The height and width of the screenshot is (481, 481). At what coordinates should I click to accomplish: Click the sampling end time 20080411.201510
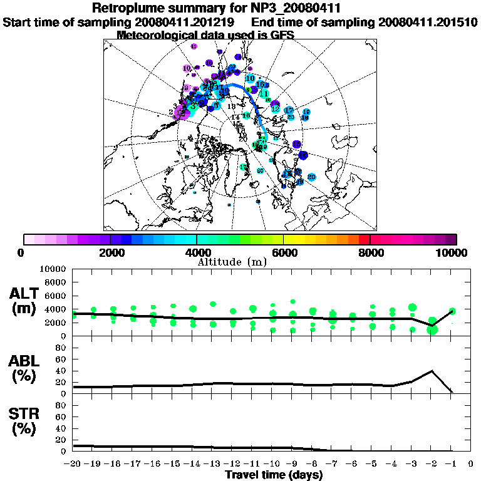[428, 22]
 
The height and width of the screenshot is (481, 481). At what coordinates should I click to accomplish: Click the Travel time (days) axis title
[274, 475]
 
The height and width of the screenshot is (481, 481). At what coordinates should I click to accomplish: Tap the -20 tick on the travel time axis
[73, 464]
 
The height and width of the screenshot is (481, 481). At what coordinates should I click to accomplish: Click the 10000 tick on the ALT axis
[54, 269]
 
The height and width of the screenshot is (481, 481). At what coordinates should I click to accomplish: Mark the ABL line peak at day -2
[432, 371]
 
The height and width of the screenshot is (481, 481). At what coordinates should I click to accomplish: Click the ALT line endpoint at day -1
[452, 311]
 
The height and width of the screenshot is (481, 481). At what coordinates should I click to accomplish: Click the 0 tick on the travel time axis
[471, 464]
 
